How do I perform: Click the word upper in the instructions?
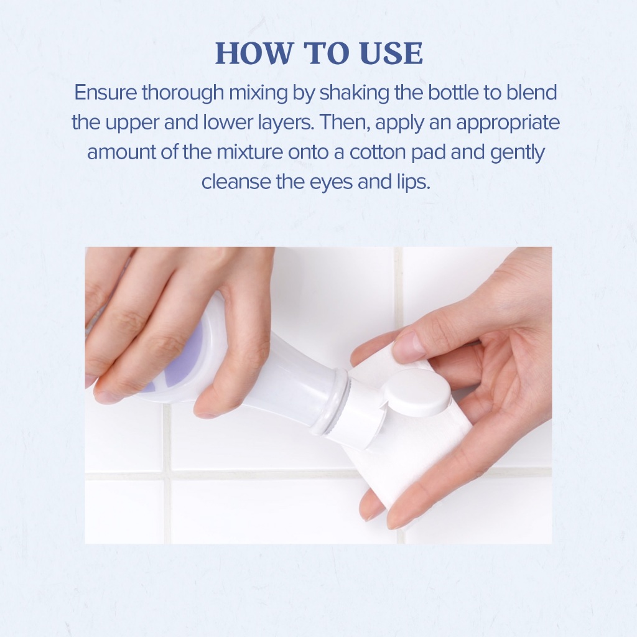133,123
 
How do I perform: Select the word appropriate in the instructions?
508,123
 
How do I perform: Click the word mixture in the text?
249,152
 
